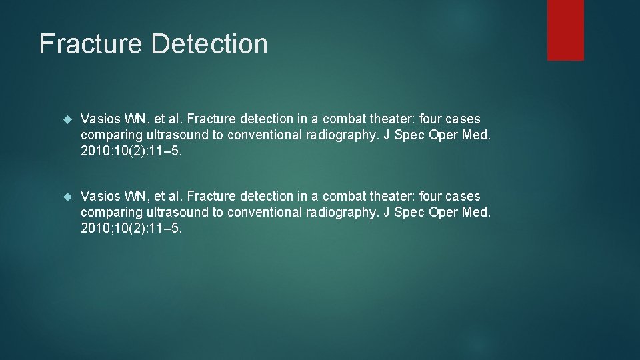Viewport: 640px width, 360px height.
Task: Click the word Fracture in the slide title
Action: tap(91, 44)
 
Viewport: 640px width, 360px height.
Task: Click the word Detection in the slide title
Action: tap(209, 44)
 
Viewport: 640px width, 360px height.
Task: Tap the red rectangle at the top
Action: tap(565, 30)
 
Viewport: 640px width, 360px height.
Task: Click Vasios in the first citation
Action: tap(99, 119)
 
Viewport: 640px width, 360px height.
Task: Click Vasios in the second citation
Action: tap(99, 197)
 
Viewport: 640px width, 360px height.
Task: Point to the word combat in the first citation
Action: tap(345, 119)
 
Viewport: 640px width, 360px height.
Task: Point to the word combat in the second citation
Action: tap(345, 197)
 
